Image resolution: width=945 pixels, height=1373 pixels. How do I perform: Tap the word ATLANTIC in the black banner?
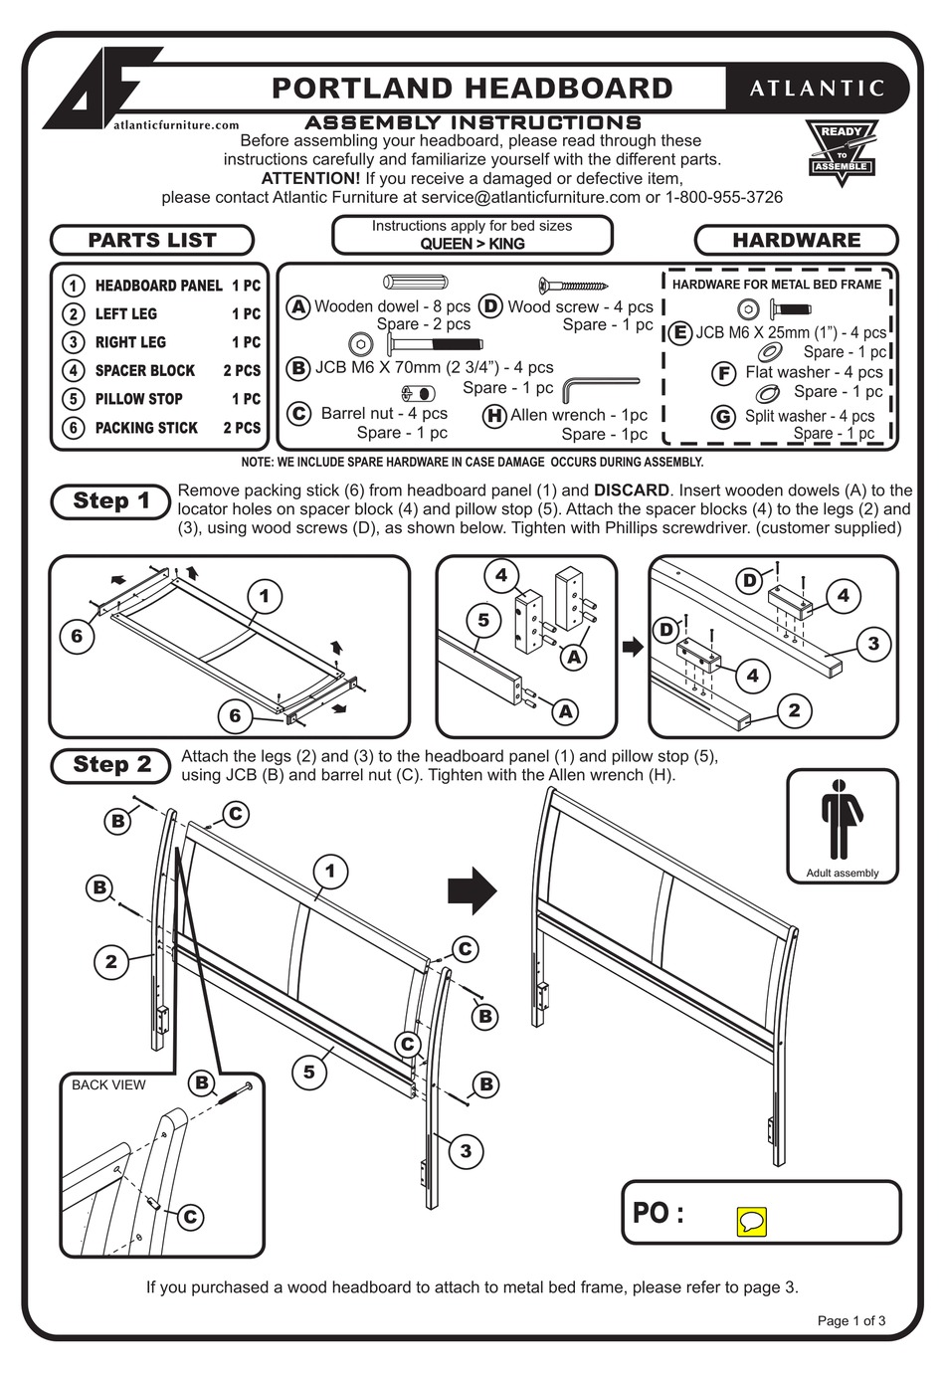point(817,89)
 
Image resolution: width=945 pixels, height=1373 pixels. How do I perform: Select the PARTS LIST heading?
point(152,240)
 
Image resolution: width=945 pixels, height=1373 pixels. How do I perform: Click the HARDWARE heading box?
point(796,240)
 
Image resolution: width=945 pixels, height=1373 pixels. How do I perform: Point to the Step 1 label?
point(111,501)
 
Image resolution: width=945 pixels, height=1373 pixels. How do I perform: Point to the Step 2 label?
point(111,765)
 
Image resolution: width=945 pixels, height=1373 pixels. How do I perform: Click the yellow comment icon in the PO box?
point(751,1222)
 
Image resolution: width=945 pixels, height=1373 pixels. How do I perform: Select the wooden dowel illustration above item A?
point(415,283)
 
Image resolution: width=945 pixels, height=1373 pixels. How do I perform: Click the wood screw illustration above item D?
point(572,286)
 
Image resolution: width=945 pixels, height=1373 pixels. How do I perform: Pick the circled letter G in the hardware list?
point(724,417)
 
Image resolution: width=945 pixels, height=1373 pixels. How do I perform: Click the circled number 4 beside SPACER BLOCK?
point(73,370)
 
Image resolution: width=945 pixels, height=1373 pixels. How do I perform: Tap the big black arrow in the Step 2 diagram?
point(472,889)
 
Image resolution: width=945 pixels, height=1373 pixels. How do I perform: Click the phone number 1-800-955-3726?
point(724,197)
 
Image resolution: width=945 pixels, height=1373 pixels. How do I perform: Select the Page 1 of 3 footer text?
point(850,1321)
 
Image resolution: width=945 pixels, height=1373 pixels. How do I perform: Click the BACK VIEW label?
point(108,1084)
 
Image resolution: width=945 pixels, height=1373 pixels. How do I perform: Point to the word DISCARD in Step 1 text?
point(631,490)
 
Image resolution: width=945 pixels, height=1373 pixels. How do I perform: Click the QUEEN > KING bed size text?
point(472,244)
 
